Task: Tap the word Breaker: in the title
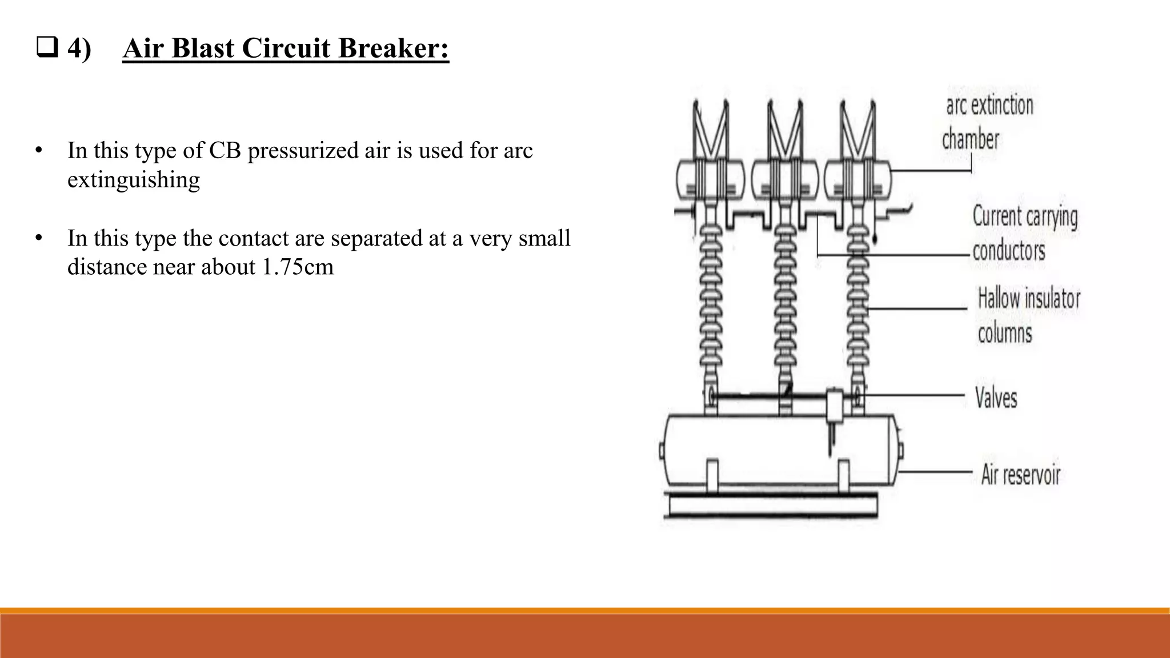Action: [x=394, y=48]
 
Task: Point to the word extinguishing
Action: [x=134, y=180]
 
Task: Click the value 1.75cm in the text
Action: [x=297, y=267]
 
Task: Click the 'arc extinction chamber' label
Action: [x=988, y=122]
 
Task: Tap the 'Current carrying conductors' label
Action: [x=1025, y=233]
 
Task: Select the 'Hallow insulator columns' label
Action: [x=1028, y=315]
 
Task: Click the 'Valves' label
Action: [x=996, y=398]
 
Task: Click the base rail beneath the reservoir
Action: [x=771, y=506]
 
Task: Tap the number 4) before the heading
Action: [x=79, y=48]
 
